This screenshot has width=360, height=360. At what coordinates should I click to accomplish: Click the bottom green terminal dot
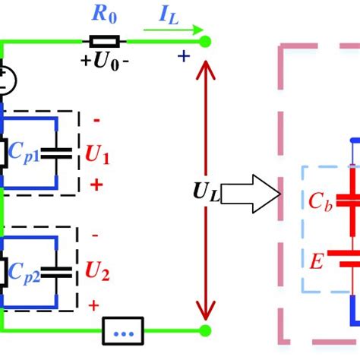pos(204,330)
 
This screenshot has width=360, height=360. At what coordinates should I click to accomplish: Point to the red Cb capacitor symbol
pos(354,201)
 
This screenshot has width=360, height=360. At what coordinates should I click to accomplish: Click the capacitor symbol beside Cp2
pos(57,270)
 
